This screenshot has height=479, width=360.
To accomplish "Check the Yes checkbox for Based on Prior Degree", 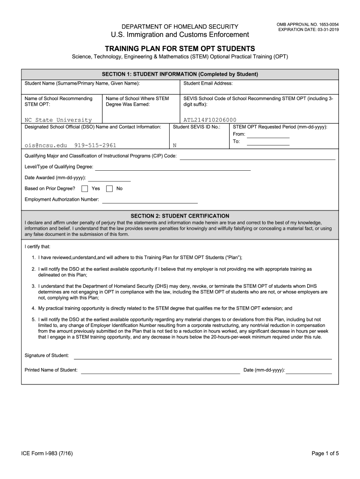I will [85, 189].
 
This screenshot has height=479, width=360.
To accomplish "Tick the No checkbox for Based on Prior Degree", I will [109, 189].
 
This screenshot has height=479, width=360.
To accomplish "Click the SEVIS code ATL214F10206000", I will [210, 120].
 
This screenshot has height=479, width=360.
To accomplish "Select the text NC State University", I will [58, 120].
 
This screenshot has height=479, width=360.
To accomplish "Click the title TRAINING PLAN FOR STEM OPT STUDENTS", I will [180, 48].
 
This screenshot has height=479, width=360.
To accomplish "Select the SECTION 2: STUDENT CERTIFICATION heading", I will [180, 216].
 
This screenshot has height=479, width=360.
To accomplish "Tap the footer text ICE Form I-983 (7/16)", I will [47, 453].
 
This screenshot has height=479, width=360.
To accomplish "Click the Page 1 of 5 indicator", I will [325, 453].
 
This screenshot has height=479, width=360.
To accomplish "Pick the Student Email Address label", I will [208, 83].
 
